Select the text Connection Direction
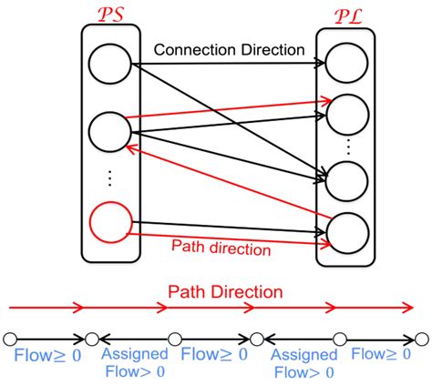228,50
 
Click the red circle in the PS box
108,224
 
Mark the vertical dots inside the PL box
346,145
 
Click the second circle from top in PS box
108,129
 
